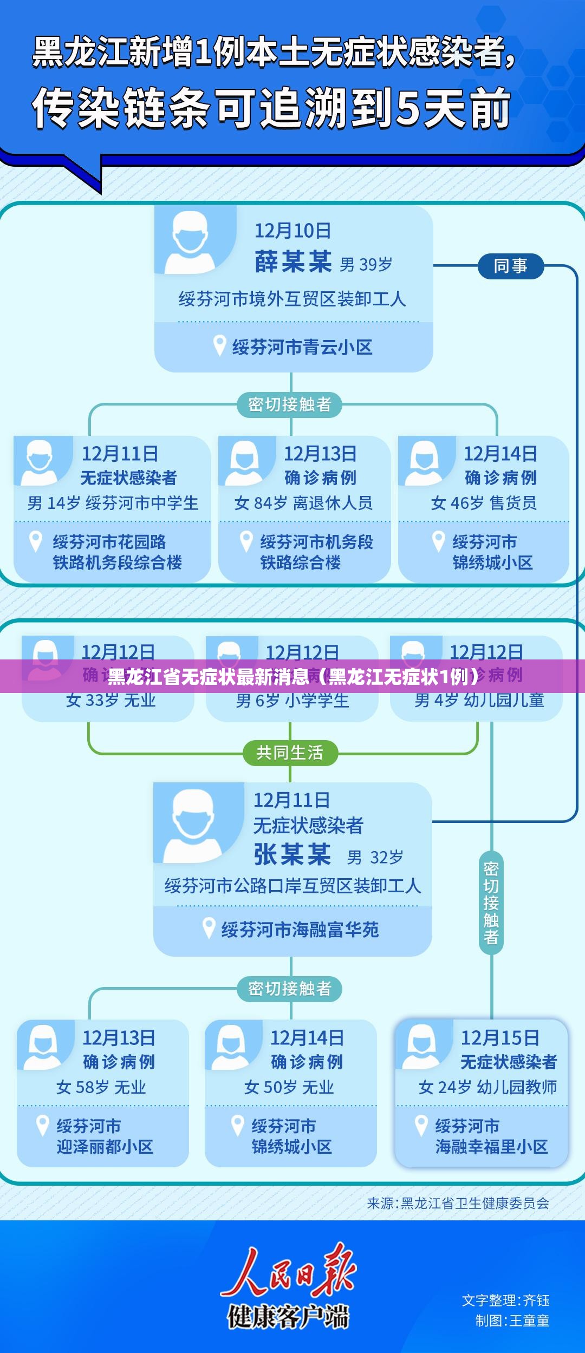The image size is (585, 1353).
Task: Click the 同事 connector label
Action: (510, 266)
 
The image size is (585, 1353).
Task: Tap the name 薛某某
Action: (293, 262)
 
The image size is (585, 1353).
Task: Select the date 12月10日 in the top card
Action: (292, 231)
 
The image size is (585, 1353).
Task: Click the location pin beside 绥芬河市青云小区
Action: (219, 346)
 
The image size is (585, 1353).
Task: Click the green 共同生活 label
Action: (290, 753)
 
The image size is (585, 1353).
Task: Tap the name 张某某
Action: (292, 855)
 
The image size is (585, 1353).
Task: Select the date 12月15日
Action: (499, 1038)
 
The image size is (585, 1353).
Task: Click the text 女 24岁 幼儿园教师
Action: (487, 1087)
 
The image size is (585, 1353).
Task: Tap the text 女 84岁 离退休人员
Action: (303, 503)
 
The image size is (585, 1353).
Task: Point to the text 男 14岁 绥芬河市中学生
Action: (113, 503)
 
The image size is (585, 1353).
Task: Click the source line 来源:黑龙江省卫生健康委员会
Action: (458, 1203)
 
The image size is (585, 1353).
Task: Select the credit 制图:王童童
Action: (512, 1321)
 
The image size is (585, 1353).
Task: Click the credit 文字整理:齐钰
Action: (505, 1300)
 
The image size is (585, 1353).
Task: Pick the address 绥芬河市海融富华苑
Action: (300, 930)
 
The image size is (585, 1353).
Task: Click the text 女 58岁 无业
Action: (101, 1087)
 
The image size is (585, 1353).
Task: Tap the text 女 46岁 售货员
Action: (484, 503)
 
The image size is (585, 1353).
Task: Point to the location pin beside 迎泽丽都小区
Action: (42, 1126)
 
